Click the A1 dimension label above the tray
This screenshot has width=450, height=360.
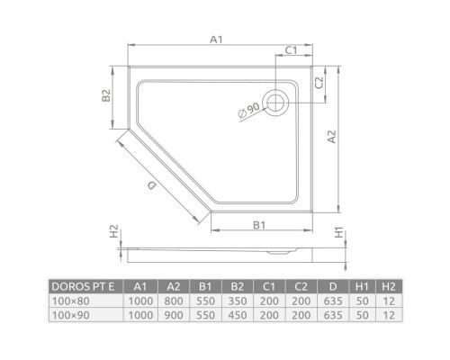[x=215, y=39]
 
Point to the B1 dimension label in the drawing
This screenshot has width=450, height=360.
[x=257, y=224]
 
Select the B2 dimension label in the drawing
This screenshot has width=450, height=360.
[x=106, y=95]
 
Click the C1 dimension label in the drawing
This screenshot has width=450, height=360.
[x=292, y=49]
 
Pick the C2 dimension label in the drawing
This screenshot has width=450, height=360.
[x=319, y=82]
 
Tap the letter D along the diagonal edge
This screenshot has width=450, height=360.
[x=152, y=184]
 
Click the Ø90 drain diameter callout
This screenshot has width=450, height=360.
[x=248, y=113]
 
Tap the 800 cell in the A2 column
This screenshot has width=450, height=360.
[x=172, y=301]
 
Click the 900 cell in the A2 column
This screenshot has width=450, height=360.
[x=172, y=315]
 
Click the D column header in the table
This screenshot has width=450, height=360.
[x=332, y=286]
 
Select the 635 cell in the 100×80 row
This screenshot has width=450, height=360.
[x=332, y=301]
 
